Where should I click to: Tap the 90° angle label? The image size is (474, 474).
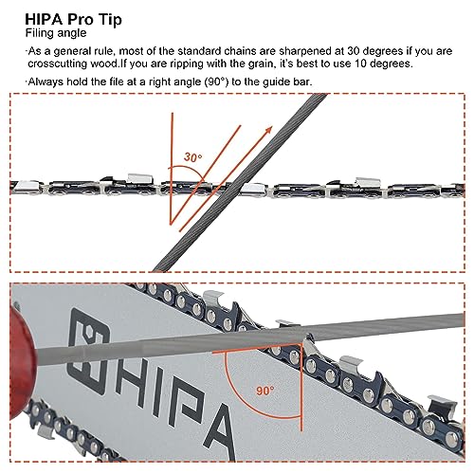tap(266, 391)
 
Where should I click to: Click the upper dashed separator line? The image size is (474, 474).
tap(237, 97)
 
